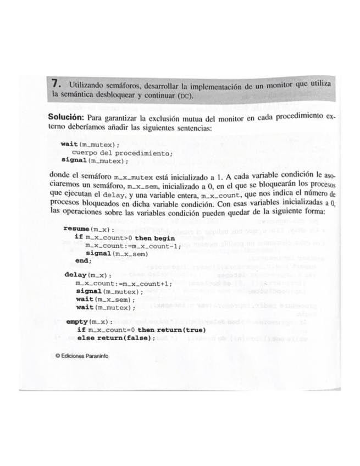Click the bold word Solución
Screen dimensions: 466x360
pyautogui.click(x=67, y=118)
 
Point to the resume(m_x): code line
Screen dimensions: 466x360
pyautogui.click(x=85, y=228)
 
